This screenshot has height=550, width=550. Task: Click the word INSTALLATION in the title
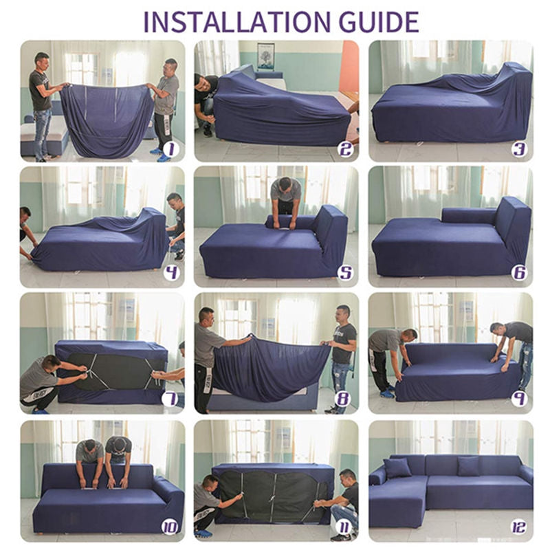236,22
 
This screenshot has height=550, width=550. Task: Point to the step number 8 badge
342,399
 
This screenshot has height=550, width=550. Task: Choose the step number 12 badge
518,527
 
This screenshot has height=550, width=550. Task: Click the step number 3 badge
518,148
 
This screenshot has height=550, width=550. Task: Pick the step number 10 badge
169,527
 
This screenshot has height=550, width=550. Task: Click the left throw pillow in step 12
397,468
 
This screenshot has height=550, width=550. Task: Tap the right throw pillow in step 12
468,466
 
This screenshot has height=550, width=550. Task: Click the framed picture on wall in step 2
265,56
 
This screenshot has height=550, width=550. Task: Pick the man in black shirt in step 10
118,459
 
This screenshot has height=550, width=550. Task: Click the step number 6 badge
518,273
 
